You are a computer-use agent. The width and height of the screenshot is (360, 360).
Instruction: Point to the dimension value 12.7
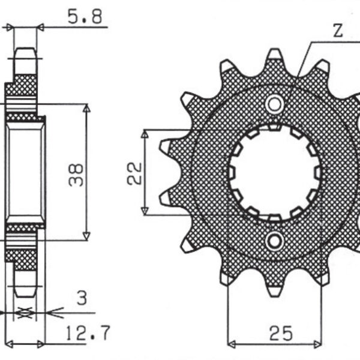85,331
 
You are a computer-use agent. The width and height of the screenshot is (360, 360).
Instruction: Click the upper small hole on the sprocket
275,104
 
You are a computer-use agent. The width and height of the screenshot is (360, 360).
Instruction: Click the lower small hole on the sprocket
275,241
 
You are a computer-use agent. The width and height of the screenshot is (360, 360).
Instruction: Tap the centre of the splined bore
275,173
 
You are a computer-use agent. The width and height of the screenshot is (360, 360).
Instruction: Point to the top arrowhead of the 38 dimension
86,108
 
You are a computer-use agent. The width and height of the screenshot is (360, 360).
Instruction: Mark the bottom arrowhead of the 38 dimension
86,236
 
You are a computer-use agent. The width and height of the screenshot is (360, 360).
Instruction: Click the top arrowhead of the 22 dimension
145,133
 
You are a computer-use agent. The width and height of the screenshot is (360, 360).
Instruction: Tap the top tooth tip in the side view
25,50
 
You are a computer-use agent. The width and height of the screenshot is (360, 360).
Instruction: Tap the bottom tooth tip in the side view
25,294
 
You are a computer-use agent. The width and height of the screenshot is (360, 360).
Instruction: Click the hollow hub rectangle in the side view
25,172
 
